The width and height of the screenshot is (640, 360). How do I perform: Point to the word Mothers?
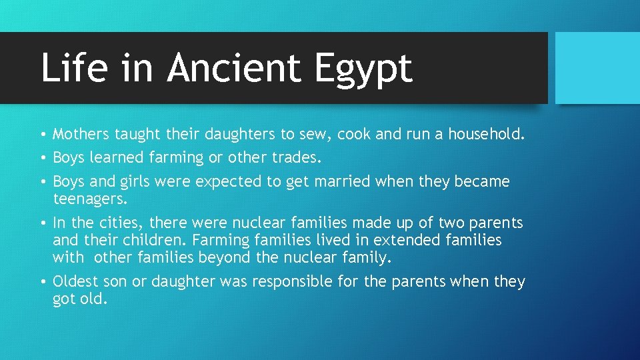click(81, 135)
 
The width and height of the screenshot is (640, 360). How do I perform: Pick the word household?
click(486, 135)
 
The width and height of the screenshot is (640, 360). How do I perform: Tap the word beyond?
click(214, 257)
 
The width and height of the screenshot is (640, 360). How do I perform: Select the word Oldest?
click(76, 282)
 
